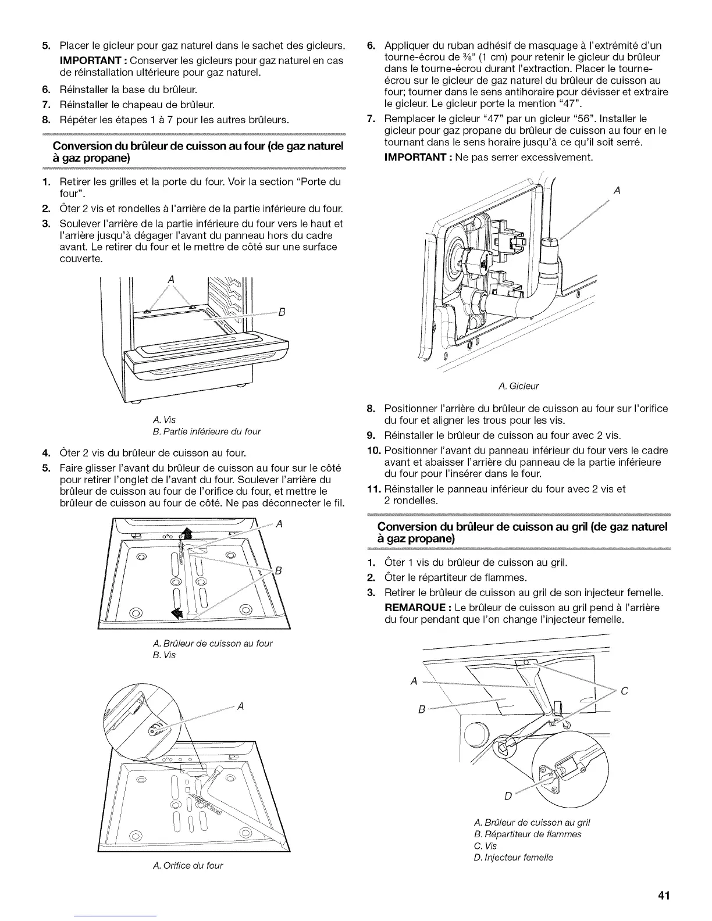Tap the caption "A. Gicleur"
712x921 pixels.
point(519,386)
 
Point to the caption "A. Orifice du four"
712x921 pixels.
point(187,865)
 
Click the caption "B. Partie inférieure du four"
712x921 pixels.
point(206,431)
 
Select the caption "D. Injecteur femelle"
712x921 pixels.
point(514,857)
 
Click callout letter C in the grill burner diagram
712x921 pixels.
point(624,691)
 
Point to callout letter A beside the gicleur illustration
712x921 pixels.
point(617,190)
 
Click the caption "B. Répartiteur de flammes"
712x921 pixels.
point(528,834)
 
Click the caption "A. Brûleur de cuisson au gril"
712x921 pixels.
point(532,822)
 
